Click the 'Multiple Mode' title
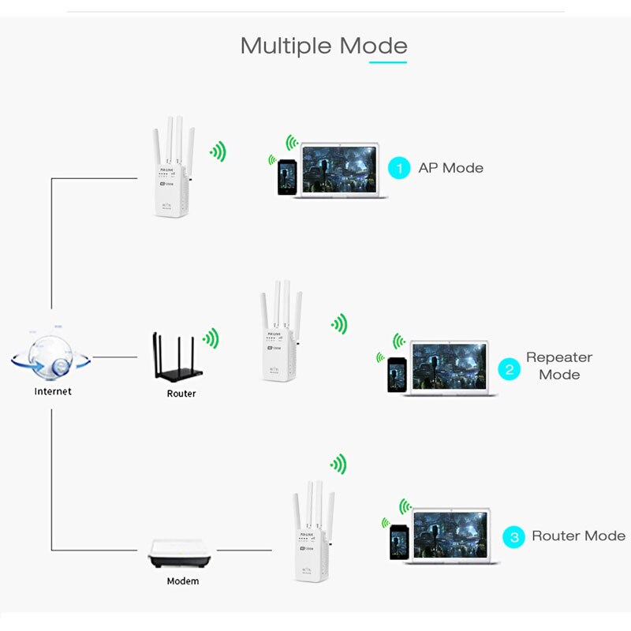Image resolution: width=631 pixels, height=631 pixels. tap(323, 46)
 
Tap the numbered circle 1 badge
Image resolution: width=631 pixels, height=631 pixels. tap(400, 168)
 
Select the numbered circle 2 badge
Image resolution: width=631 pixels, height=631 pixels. tap(510, 368)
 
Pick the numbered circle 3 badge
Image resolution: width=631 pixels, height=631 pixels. tap(514, 537)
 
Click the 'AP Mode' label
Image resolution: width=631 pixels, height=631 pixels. tap(450, 168)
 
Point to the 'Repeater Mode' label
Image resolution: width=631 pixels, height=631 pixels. tap(559, 366)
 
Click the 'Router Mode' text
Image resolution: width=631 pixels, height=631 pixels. tap(578, 536)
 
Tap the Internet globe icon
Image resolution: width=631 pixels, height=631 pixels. tap(50, 355)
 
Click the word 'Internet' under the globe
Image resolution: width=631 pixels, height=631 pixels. tap(53, 391)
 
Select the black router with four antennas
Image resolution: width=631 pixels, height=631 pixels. tap(175, 360)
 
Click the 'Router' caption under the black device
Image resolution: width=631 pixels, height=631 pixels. tap(181, 394)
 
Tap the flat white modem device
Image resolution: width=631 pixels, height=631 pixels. tap(181, 555)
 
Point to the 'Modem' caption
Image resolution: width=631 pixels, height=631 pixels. tap(183, 581)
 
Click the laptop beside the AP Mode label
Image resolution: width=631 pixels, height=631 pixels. tap(341, 170)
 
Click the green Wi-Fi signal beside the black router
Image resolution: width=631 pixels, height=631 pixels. tap(211, 339)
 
